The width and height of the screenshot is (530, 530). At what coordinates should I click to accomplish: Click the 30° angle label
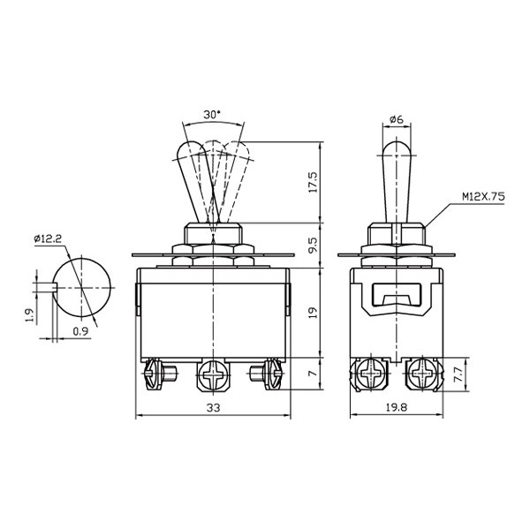click(212, 115)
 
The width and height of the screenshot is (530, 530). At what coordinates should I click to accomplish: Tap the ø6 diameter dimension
click(397, 119)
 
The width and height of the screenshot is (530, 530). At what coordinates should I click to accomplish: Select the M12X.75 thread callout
click(484, 196)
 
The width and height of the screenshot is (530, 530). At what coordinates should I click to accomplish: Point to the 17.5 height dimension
click(313, 182)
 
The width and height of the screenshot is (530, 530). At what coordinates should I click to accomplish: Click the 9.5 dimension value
click(313, 245)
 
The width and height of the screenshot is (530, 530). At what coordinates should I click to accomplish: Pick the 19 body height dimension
click(313, 313)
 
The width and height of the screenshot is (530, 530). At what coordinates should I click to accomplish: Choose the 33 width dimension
click(213, 408)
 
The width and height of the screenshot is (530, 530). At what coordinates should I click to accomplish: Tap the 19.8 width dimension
click(397, 407)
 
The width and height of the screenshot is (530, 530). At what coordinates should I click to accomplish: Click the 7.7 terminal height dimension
click(458, 375)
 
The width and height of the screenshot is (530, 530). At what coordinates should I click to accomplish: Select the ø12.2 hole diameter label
click(48, 239)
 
